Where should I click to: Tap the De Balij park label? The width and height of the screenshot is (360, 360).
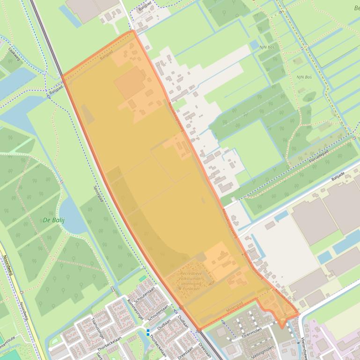pyautogui.click(x=53, y=220)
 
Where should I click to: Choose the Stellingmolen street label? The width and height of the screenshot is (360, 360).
pyautogui.click(x=263, y=350)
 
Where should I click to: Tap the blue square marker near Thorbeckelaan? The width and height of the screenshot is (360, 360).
pyautogui.click(x=148, y=332)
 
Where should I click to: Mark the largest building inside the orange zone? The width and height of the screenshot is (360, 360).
pyautogui.click(x=130, y=82)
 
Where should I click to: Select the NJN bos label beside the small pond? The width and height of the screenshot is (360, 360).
pyautogui.click(x=266, y=47)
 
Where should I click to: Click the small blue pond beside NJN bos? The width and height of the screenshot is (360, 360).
pyautogui.click(x=254, y=45)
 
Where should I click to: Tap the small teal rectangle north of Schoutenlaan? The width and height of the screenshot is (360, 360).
pyautogui.click(x=142, y=279)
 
